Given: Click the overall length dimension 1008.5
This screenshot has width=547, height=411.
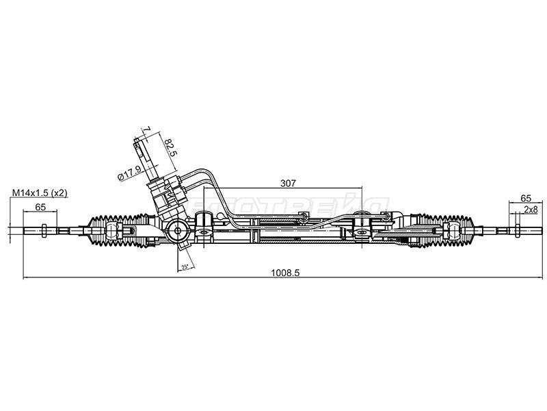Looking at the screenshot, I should point(286,271).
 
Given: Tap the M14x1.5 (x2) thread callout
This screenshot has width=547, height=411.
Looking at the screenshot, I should point(40,194).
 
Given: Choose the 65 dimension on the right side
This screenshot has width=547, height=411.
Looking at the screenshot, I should point(526,195).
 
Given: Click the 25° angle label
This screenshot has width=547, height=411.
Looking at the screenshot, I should point(184,266).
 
